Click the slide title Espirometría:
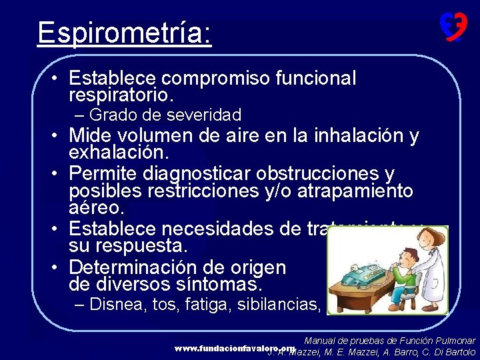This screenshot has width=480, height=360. pyautogui.click(x=125, y=32)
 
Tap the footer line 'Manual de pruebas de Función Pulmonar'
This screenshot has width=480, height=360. pyautogui.click(x=389, y=341)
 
